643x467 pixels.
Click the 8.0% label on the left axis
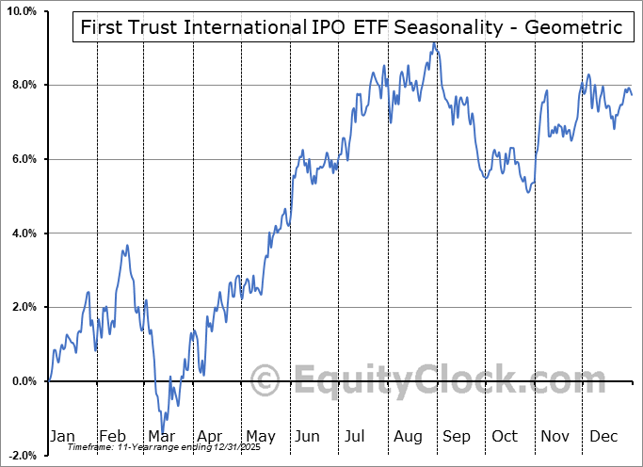coord(23,86)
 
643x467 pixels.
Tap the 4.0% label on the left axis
coord(23,233)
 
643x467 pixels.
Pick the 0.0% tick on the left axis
coord(23,381)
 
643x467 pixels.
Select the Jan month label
coord(62,436)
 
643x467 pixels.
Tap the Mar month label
coord(161,436)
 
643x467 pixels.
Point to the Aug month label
coord(407,436)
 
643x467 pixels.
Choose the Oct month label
coord(505,436)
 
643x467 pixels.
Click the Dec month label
coord(603,436)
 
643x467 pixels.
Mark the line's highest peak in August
coord(433,43)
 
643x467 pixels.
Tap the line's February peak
coord(127,246)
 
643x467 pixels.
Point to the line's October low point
coord(529,192)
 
